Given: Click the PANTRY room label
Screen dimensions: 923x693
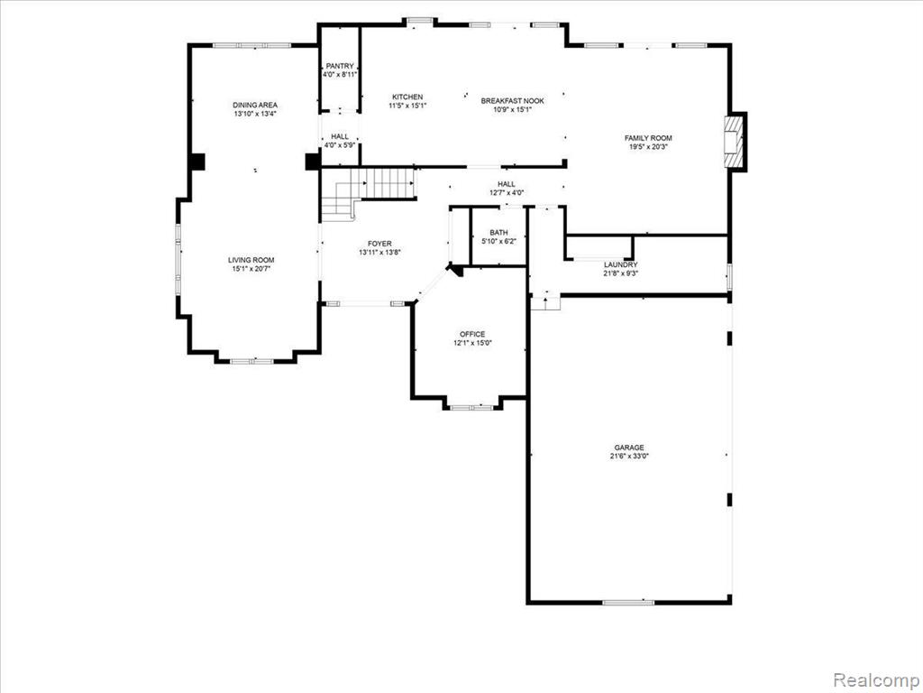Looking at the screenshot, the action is [340, 66].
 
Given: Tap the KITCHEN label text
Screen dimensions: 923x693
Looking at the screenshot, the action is [407, 97].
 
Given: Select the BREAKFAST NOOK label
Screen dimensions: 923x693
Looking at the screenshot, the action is [512, 101].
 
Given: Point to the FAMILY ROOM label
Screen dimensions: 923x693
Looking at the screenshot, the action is [648, 138].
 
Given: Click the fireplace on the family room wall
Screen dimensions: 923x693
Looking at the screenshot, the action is [734, 142].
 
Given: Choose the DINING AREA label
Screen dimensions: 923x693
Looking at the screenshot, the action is [255, 105].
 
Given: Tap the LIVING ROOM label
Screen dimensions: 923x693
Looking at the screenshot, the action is [251, 260].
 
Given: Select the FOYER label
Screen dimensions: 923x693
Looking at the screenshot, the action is [379, 244].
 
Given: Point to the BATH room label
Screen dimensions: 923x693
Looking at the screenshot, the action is [498, 232].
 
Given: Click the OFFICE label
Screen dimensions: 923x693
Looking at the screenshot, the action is [472, 334].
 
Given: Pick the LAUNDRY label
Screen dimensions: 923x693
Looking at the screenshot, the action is [620, 265].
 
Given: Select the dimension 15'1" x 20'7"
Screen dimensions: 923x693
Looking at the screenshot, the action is [251, 269].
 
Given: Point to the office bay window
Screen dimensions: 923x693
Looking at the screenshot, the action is [472, 407].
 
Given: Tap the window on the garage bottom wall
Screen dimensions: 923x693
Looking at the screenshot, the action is [628, 602].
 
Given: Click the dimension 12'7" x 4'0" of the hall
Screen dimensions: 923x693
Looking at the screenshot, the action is [507, 193].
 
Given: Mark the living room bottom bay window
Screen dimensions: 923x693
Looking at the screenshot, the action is [252, 361].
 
